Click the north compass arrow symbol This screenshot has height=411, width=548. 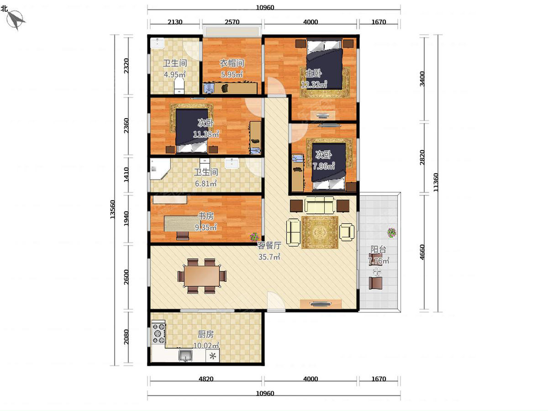16,20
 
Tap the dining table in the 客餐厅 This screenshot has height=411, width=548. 202,276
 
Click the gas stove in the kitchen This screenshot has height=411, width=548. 158,333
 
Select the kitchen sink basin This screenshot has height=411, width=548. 185,355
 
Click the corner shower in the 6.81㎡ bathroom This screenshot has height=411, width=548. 159,169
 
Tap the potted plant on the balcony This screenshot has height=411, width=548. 391,232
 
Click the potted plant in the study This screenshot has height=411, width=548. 254,237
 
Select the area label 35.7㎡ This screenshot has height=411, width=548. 269,257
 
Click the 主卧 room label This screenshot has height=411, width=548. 314,73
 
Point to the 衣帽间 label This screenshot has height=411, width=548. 232,63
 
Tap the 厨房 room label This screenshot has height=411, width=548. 206,334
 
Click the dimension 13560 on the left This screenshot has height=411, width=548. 113,210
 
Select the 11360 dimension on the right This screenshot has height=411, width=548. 436,182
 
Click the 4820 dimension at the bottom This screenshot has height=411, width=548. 206,379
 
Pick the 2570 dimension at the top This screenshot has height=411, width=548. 232,22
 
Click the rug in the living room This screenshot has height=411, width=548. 320,232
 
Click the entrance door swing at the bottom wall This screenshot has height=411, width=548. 276,300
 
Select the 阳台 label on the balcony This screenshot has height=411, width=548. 378,249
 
